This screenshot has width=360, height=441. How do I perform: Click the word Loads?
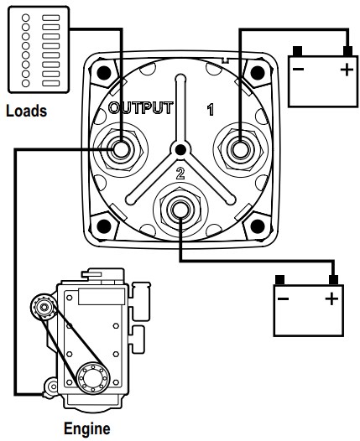click(x=27, y=111)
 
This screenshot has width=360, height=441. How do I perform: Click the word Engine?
click(x=87, y=429)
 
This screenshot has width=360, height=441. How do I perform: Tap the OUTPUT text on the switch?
click(x=141, y=107)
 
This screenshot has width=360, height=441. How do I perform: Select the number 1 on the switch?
click(x=211, y=110)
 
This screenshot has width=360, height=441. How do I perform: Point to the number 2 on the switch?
click(x=180, y=174)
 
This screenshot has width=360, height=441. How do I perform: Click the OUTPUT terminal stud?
click(x=121, y=149)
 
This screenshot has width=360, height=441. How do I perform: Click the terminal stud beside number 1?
click(x=240, y=149)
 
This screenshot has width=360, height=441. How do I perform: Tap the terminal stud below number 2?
click(x=180, y=210)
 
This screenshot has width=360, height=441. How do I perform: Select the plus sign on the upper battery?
click(x=347, y=70)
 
